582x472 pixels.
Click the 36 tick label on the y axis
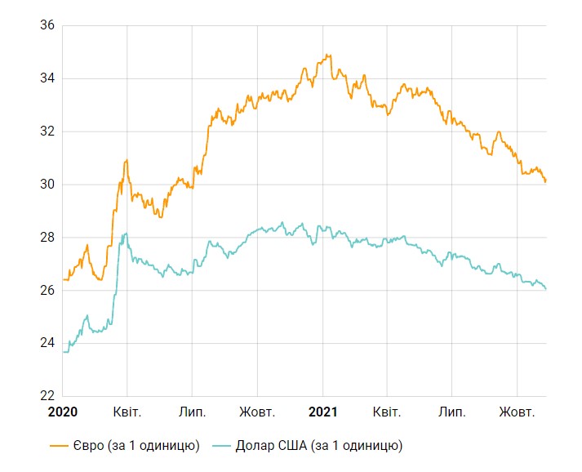(x=47, y=25)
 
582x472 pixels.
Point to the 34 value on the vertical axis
(x=47, y=78)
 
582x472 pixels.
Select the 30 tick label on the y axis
(x=47, y=185)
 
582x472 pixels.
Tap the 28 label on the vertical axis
(x=47, y=238)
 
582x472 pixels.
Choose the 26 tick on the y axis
(x=47, y=291)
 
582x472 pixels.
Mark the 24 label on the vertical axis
(x=47, y=344)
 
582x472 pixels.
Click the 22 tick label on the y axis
(x=47, y=396)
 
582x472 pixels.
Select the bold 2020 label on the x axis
(x=62, y=412)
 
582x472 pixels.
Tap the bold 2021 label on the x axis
(x=323, y=412)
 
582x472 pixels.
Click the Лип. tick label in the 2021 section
(x=451, y=412)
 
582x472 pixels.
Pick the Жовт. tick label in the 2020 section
(x=258, y=412)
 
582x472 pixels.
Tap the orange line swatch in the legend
(x=58, y=446)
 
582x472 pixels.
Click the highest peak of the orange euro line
(x=327, y=55)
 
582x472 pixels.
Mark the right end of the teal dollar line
(x=545, y=289)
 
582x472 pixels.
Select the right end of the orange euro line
(x=545, y=181)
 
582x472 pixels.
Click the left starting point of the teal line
(x=63, y=352)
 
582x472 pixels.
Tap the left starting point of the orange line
(x=63, y=279)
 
